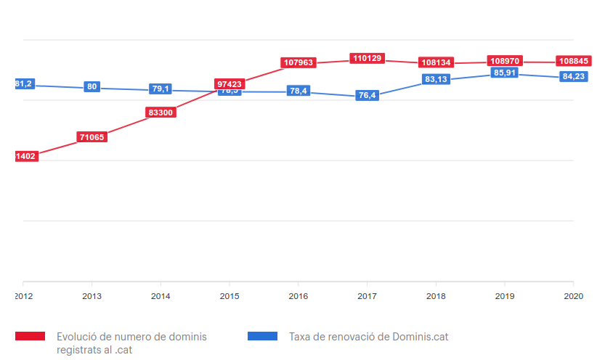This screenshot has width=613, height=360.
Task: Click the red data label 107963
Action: pos(299,63)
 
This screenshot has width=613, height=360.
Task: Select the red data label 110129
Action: pos(368,58)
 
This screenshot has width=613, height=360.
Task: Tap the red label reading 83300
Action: pos(161,112)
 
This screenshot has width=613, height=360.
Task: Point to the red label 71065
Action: pos(92,136)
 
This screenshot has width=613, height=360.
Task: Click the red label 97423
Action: pos(230,84)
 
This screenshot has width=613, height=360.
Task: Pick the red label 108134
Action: pos(436,62)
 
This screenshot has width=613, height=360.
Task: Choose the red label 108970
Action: pos(505,61)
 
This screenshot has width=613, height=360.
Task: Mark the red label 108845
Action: pos(573,61)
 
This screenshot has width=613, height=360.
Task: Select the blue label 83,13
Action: pos(436,79)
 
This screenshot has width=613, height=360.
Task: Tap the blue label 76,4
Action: pos(368,96)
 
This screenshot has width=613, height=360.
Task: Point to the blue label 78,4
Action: pos(299,91)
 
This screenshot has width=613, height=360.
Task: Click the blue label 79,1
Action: pos(161,89)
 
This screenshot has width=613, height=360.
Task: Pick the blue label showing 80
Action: pos(92,87)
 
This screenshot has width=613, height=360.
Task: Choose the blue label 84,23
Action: pos(573,76)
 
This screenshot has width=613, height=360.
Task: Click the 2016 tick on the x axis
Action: pos(298,296)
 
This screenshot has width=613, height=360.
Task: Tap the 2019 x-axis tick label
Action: pos(504,296)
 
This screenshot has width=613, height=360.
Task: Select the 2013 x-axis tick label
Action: pos(92,296)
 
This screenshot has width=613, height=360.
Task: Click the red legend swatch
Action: pos(31,336)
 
